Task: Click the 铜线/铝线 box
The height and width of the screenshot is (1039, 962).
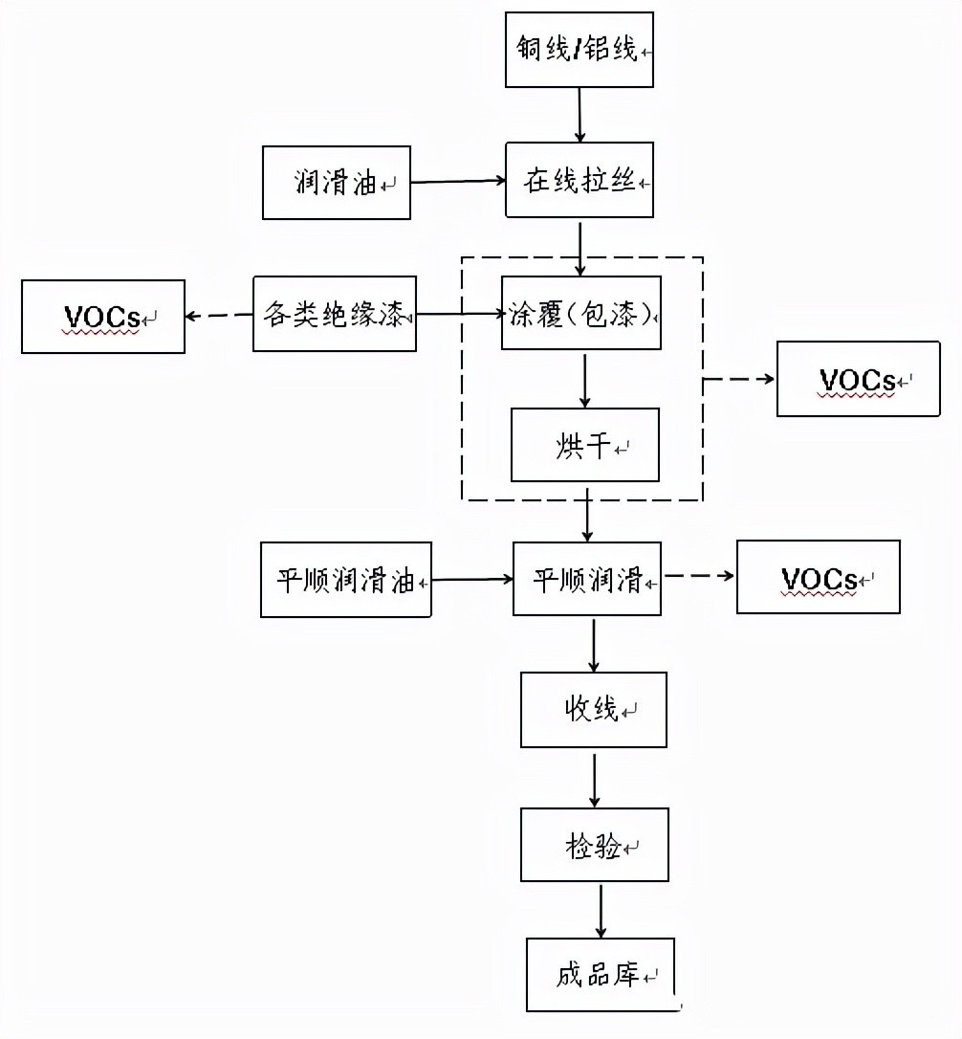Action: click(579, 49)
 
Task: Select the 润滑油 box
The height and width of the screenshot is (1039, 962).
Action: click(336, 182)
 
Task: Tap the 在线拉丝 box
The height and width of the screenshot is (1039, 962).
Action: click(579, 181)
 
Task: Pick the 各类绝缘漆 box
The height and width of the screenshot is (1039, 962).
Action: click(335, 314)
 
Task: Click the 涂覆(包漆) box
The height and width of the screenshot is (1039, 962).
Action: click(582, 314)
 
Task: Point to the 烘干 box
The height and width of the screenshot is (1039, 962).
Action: click(585, 445)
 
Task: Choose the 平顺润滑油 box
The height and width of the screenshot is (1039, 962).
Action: click(345, 580)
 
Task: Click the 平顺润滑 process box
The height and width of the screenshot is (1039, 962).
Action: click(587, 579)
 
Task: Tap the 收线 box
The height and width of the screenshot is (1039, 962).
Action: click(594, 710)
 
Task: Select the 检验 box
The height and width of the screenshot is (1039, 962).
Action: click(595, 845)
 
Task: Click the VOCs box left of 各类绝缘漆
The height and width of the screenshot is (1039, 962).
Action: click(103, 317)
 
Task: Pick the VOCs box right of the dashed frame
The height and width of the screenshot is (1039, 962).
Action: click(859, 380)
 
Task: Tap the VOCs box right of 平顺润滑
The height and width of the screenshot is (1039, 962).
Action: click(819, 577)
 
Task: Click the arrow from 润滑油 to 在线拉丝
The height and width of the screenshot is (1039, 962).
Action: click(458, 180)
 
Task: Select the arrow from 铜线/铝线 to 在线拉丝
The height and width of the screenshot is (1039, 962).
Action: click(579, 115)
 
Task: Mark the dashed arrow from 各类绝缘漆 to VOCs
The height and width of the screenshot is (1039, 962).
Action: click(219, 316)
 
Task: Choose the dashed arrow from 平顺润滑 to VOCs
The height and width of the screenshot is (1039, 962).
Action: click(699, 576)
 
